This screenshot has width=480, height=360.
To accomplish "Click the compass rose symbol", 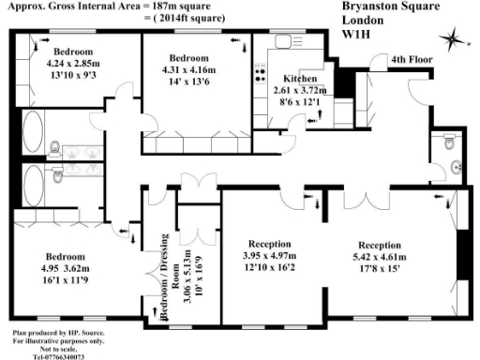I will [453, 37].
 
